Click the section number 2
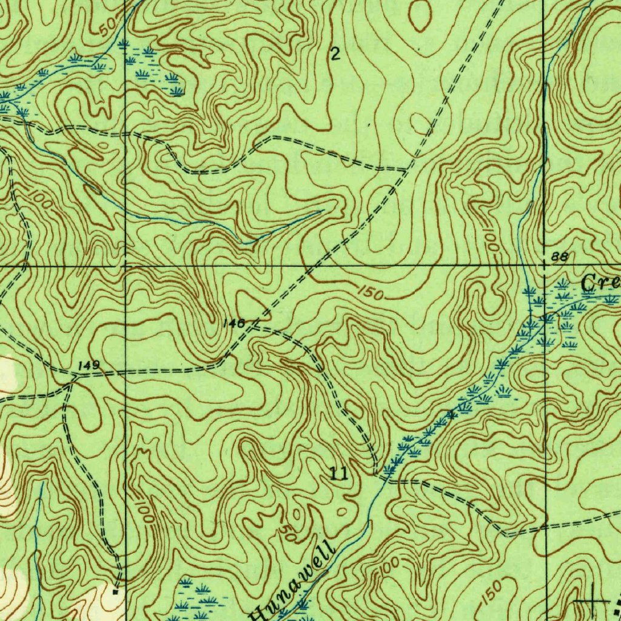point(335,55)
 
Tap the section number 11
point(340,474)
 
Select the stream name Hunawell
point(295,579)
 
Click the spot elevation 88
point(560,257)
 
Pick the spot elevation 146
point(233,323)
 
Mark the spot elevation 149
point(89,366)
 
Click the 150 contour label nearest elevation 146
point(369,294)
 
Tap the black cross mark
point(592,600)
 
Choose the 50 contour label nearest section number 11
point(287,532)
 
